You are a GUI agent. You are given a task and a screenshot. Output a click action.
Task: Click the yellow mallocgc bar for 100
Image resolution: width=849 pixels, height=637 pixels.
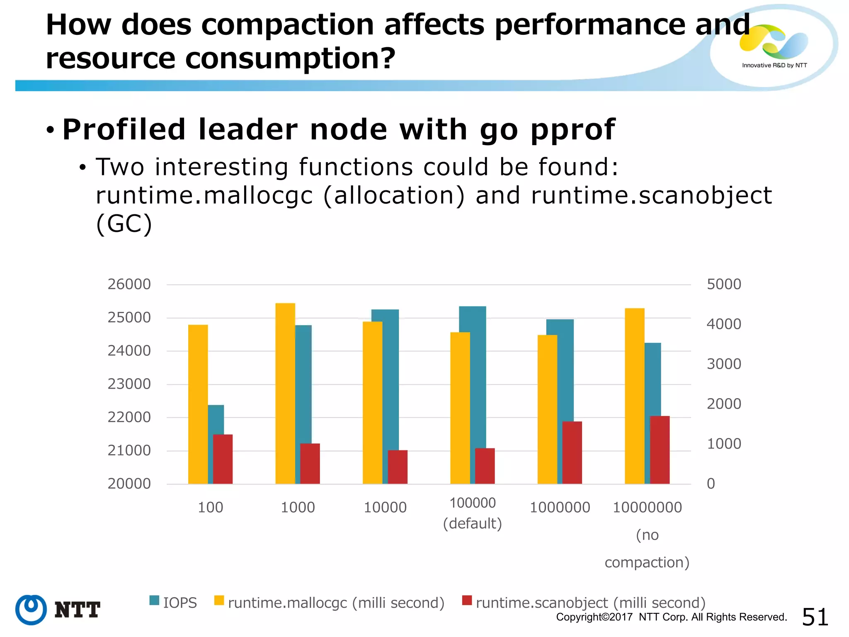(198, 404)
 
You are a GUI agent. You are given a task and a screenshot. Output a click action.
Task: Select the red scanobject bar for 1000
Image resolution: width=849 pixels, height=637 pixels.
(310, 464)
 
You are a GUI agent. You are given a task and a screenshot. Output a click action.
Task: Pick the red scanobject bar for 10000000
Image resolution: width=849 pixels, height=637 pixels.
(660, 450)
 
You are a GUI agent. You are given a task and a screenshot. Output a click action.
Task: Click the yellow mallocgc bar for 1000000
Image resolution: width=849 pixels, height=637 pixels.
(547, 409)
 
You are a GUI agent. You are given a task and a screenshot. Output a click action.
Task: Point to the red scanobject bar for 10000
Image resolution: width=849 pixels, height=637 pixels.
(398, 467)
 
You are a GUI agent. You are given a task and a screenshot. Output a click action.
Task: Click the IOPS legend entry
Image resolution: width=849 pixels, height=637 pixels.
(173, 603)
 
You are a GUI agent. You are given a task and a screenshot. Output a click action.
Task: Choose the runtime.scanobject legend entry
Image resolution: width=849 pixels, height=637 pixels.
(584, 603)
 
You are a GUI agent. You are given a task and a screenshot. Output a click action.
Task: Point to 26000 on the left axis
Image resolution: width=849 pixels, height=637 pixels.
(129, 284)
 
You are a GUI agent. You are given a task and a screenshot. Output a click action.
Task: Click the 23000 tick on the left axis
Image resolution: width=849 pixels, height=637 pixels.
(129, 384)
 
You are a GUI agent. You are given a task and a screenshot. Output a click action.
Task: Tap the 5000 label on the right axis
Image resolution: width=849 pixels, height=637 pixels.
(723, 284)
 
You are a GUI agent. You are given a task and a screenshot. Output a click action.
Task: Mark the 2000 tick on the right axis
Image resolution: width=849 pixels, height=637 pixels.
(723, 404)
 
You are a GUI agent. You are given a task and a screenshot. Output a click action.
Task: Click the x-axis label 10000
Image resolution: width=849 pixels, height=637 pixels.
(385, 508)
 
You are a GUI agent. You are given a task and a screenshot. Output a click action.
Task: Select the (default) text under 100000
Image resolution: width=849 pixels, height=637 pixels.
(472, 524)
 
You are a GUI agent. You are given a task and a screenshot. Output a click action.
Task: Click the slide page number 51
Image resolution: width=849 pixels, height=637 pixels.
(815, 617)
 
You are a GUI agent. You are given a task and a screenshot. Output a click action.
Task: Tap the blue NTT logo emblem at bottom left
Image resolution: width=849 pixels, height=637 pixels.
(31, 610)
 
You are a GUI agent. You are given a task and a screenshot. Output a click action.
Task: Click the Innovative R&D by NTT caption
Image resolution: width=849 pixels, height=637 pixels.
(774, 66)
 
